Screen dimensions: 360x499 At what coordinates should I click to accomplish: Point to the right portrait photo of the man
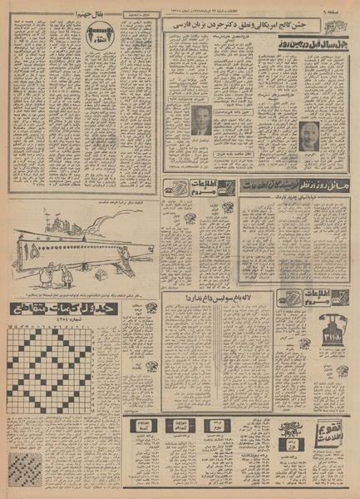(x=308, y=136)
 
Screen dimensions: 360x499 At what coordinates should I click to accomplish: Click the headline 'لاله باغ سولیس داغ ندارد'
(x=215, y=299)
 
